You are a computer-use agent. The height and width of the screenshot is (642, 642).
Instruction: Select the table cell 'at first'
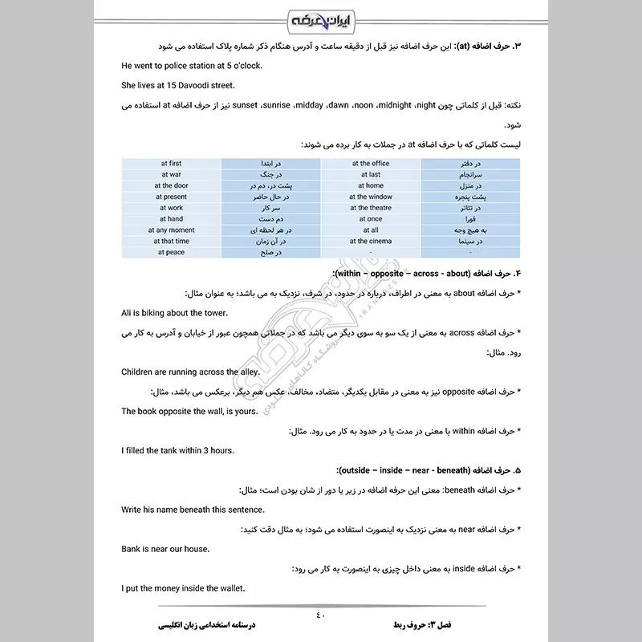click(171, 164)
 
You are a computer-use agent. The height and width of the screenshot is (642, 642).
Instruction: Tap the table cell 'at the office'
click(370, 164)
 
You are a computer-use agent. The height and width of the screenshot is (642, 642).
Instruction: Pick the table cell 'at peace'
click(171, 252)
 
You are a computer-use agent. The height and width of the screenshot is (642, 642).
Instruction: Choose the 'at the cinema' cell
click(370, 241)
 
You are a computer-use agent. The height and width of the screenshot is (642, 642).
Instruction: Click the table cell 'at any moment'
click(171, 230)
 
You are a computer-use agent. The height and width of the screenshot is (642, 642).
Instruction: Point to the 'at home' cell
click(370, 185)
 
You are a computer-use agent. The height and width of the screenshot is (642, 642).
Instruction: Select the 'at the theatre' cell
click(370, 208)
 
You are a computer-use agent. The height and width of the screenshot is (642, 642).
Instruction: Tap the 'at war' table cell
click(171, 174)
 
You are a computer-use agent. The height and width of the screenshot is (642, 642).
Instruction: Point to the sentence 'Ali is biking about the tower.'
click(174, 313)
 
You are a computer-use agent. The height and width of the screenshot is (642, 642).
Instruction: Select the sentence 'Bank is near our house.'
click(165, 549)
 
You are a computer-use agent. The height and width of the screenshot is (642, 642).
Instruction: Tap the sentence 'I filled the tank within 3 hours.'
click(177, 450)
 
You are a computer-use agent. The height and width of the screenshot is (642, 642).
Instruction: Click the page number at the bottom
click(321, 616)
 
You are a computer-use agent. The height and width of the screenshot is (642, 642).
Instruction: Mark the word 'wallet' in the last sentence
click(230, 588)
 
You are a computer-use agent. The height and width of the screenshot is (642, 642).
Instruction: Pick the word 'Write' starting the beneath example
click(132, 510)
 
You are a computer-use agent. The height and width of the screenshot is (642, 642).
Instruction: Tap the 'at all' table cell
click(370, 230)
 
